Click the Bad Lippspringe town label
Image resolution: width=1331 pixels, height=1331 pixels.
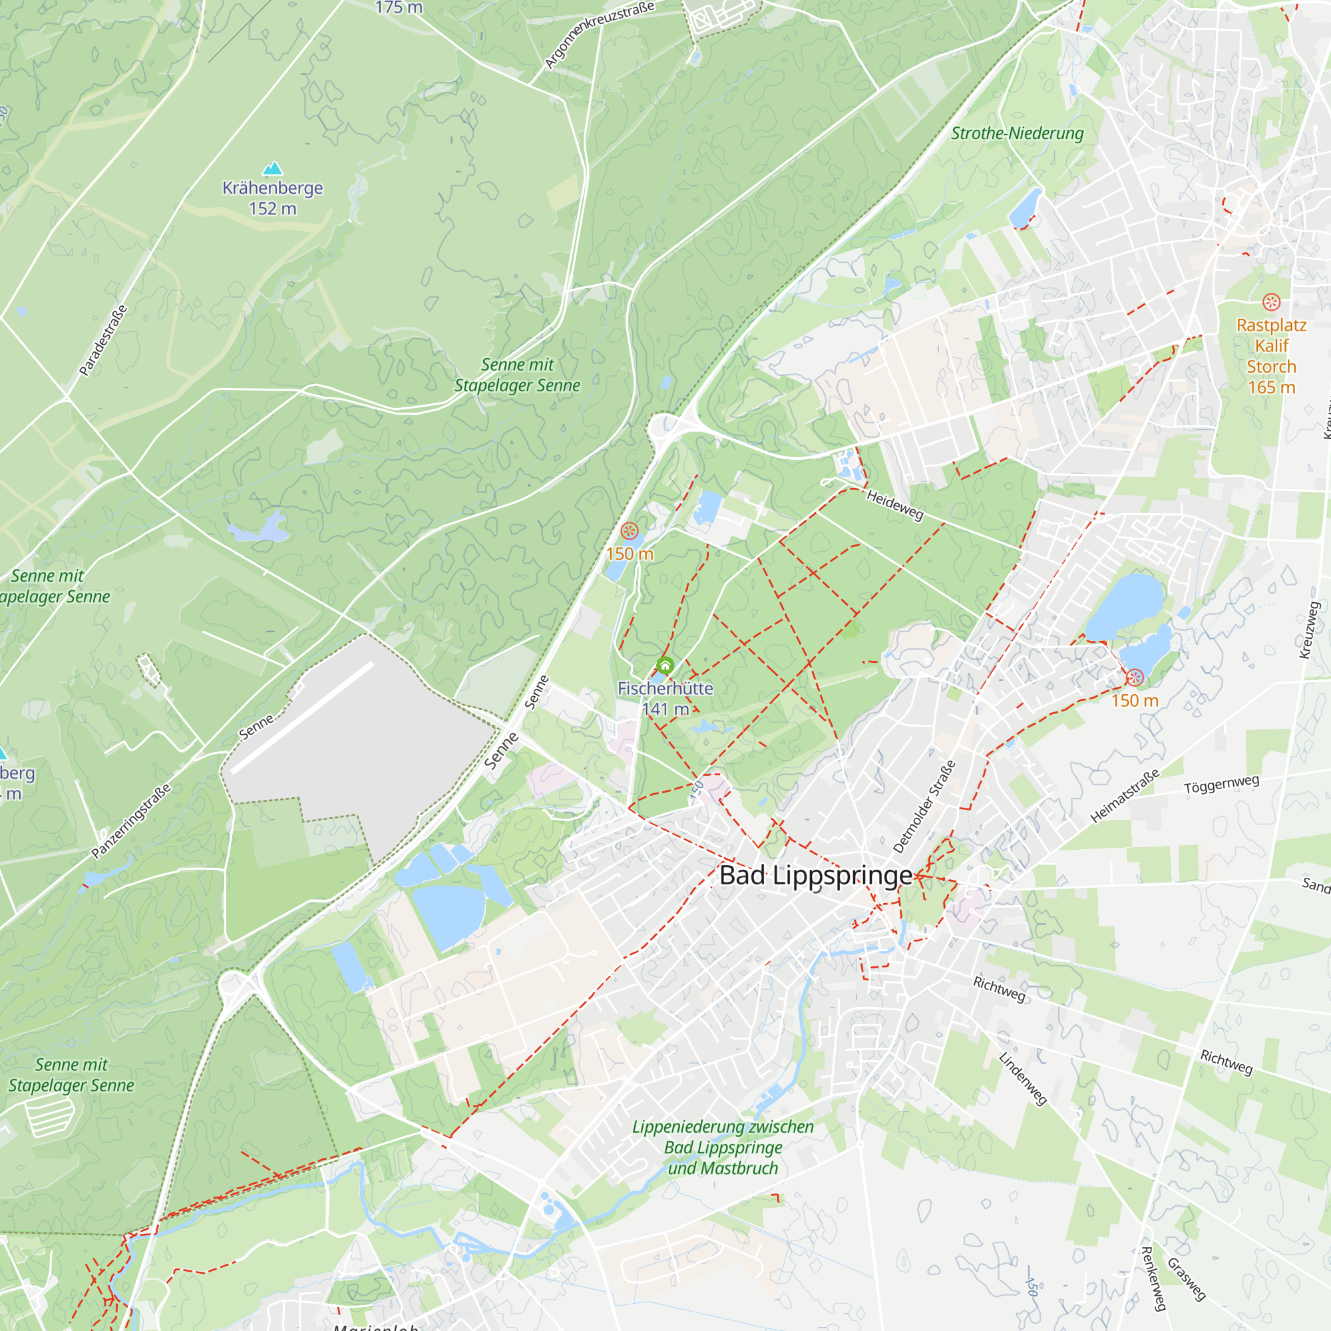(816, 876)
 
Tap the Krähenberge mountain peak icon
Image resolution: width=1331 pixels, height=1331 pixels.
(273, 169)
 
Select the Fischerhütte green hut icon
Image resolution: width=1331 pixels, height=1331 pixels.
(665, 665)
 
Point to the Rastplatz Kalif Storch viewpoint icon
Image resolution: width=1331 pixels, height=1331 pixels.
(1271, 301)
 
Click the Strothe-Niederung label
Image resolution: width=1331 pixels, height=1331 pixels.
(1017, 134)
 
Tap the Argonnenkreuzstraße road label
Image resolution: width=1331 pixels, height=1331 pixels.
(599, 35)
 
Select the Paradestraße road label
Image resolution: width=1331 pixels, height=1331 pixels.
(103, 340)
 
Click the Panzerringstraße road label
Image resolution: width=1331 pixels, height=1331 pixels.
(131, 821)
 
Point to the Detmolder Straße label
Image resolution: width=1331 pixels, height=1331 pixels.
(924, 807)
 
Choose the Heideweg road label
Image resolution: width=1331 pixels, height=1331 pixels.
(895, 505)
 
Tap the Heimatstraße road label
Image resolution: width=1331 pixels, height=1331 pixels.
(1125, 796)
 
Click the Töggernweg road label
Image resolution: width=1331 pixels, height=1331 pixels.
(1221, 784)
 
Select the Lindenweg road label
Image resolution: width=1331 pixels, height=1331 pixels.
(1023, 1079)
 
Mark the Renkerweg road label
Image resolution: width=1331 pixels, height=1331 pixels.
(1153, 1278)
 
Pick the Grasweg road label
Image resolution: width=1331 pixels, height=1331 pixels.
(1187, 1278)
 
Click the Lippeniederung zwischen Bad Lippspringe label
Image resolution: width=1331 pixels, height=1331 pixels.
(723, 1147)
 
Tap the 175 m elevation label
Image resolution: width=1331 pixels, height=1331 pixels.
(399, 7)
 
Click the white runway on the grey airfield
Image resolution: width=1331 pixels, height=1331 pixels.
(302, 717)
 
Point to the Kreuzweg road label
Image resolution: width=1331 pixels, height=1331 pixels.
(1309, 630)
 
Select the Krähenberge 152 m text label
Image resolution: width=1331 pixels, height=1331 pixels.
(273, 198)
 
